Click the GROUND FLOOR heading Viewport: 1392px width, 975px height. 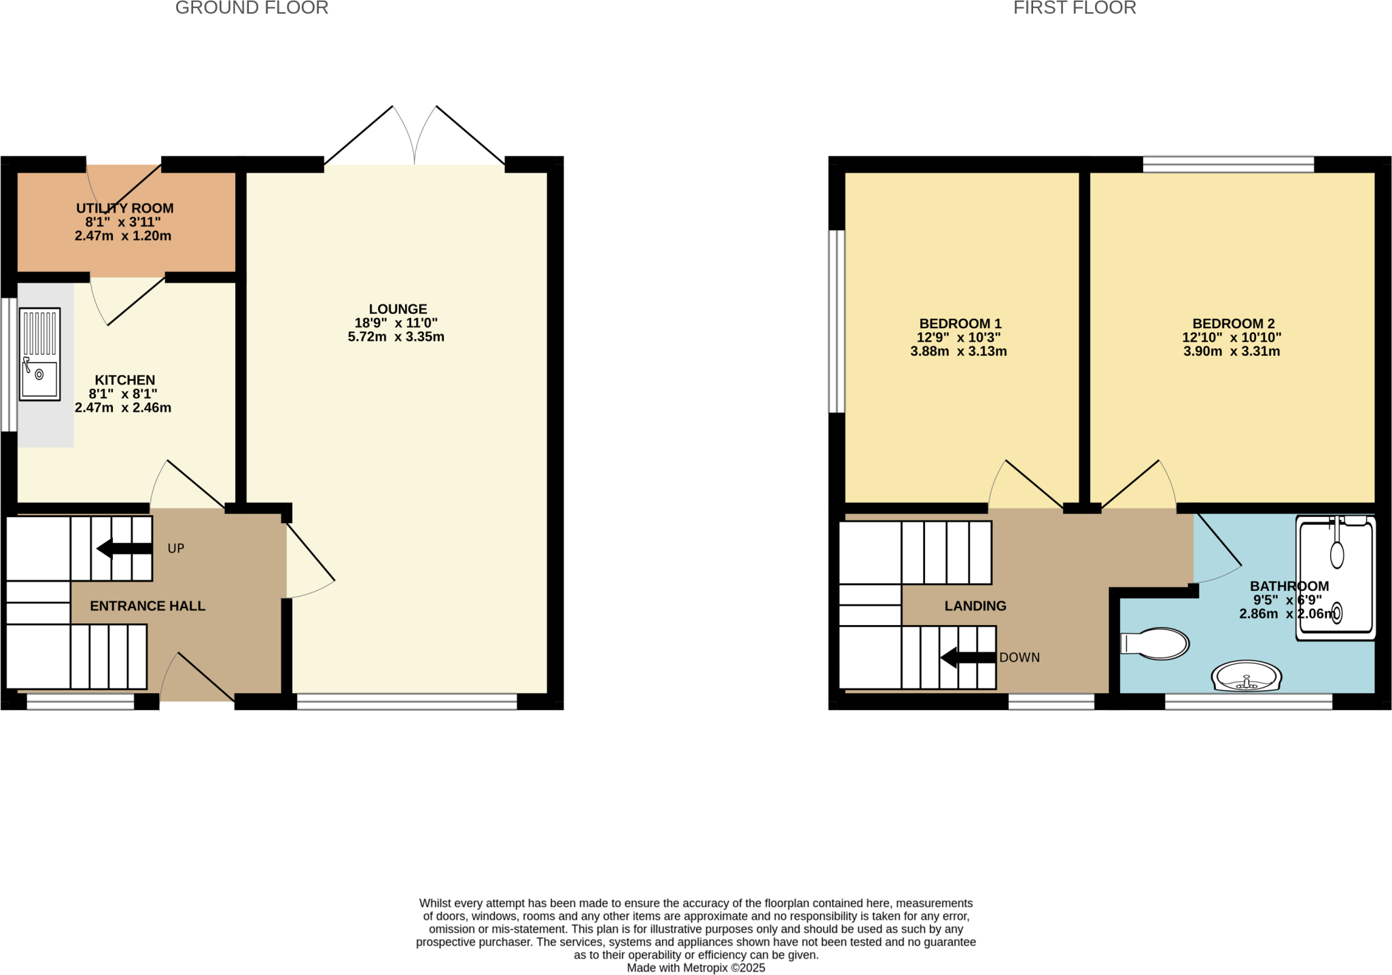point(251,8)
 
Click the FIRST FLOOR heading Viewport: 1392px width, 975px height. point(1075,8)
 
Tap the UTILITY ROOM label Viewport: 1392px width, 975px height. point(125,209)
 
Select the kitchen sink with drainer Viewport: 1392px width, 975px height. point(40,354)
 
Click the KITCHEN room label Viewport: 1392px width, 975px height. point(125,380)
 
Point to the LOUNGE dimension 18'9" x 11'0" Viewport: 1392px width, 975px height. point(396,323)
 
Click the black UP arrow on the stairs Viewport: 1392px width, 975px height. point(124,548)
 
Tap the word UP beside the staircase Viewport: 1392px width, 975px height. point(176,548)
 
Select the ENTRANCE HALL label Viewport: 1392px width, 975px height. point(147,606)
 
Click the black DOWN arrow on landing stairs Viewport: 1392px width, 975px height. point(968,657)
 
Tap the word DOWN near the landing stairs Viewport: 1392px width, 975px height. point(1020,658)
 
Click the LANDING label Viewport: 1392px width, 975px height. point(975,606)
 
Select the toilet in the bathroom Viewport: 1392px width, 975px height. point(1156,643)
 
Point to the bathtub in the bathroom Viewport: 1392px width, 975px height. point(1336,578)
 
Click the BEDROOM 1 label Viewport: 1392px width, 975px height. point(960,324)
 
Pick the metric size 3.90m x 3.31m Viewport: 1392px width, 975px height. point(1232,352)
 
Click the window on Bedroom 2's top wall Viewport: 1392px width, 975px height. point(1228,164)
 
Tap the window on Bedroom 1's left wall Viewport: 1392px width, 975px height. point(837,321)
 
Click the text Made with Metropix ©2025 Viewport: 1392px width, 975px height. point(696,968)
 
